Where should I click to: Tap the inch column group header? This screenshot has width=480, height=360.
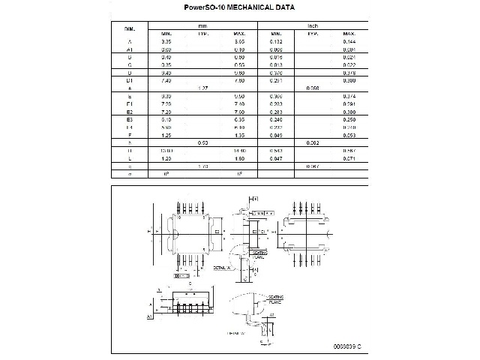click(313, 25)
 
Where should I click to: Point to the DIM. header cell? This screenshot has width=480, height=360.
click(129, 29)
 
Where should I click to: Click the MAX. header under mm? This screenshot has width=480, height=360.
click(239, 34)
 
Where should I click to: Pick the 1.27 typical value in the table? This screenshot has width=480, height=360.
click(202, 88)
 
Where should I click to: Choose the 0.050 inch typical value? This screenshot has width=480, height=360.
click(313, 88)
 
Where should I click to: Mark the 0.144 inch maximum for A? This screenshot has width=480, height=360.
click(349, 41)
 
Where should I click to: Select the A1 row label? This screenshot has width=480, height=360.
click(130, 49)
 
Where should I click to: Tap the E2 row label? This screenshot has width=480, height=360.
click(130, 112)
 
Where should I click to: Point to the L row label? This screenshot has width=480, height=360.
click(130, 159)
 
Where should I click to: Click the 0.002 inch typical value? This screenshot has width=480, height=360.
click(313, 142)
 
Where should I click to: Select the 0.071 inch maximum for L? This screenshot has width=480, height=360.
click(349, 159)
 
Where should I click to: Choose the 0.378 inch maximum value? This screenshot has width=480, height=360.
click(349, 73)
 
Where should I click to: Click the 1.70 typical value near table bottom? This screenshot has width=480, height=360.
click(202, 166)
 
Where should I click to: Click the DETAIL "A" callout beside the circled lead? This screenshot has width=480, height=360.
click(222, 267)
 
